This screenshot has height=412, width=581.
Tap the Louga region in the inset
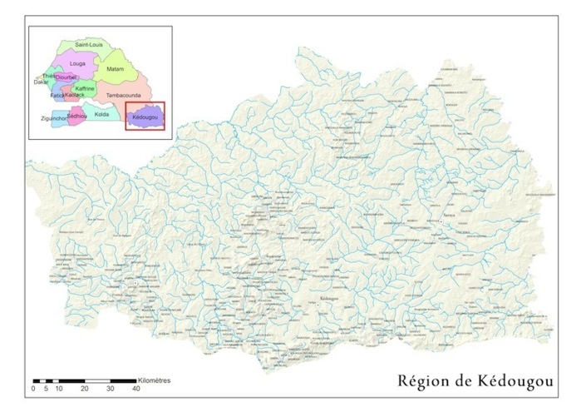(78, 63)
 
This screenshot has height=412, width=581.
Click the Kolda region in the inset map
(101, 114)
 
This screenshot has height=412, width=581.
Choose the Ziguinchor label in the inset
(54, 119)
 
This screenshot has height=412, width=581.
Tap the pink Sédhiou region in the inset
(77, 116)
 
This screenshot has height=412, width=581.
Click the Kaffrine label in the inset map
(84, 87)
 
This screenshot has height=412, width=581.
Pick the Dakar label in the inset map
(41, 82)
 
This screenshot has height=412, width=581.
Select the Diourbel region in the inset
(66, 77)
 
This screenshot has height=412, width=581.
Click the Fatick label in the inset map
(57, 96)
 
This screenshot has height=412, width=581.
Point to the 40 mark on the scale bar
(135, 389)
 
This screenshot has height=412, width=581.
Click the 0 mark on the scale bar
(33, 389)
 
